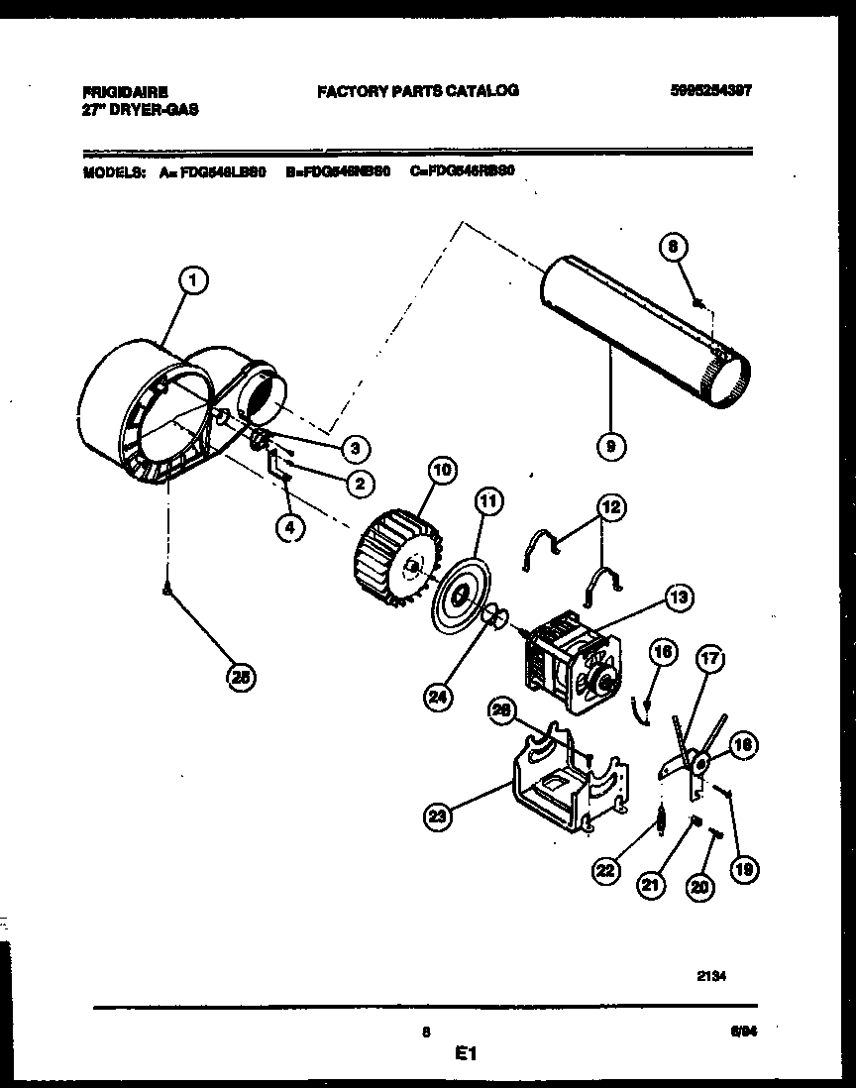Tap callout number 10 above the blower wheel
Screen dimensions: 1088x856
[441, 470]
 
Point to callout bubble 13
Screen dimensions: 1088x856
[679, 598]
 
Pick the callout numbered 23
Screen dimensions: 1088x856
[437, 816]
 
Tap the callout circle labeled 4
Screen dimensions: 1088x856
[288, 528]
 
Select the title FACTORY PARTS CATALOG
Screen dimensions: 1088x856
[417, 90]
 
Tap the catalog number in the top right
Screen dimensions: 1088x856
[709, 89]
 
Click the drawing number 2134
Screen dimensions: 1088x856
[711, 975]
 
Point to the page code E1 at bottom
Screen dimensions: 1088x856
[466, 1056]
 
